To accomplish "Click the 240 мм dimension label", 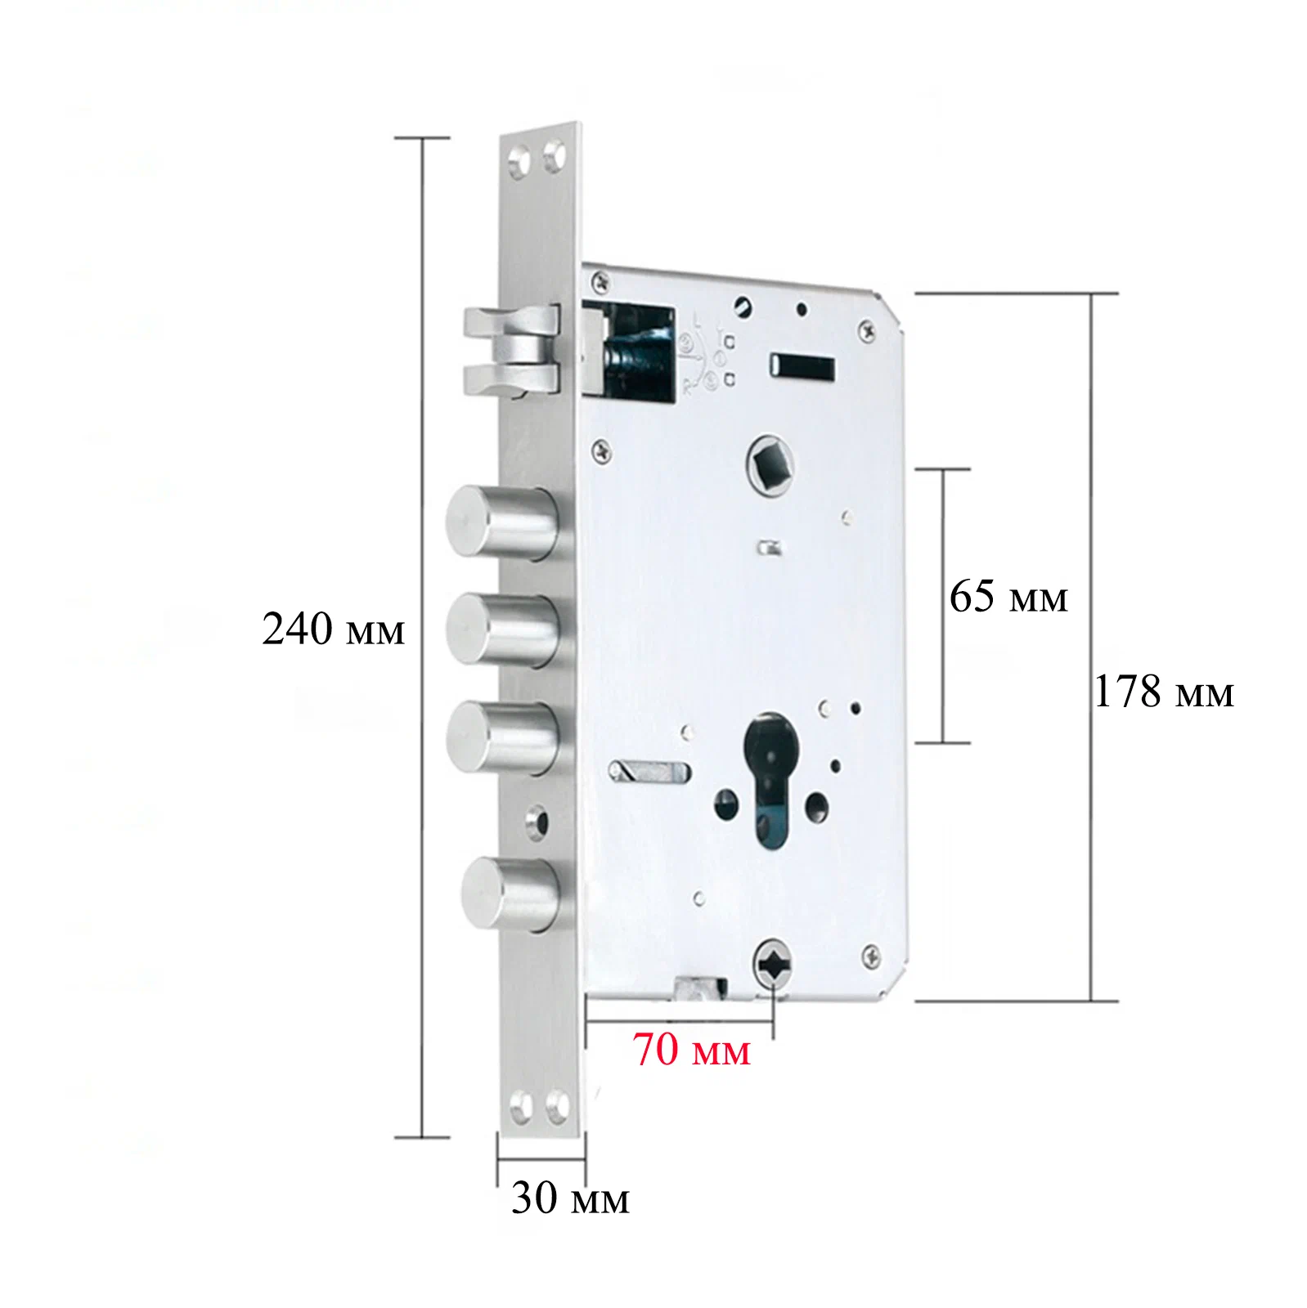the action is point(333,629).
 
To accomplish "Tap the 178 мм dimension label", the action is point(1163,692).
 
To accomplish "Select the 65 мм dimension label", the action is point(1008,596).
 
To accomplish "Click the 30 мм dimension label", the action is point(570,1198).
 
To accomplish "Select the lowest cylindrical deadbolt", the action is point(514,894).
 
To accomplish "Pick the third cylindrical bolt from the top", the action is point(505,737).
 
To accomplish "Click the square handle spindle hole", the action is point(770,464).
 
